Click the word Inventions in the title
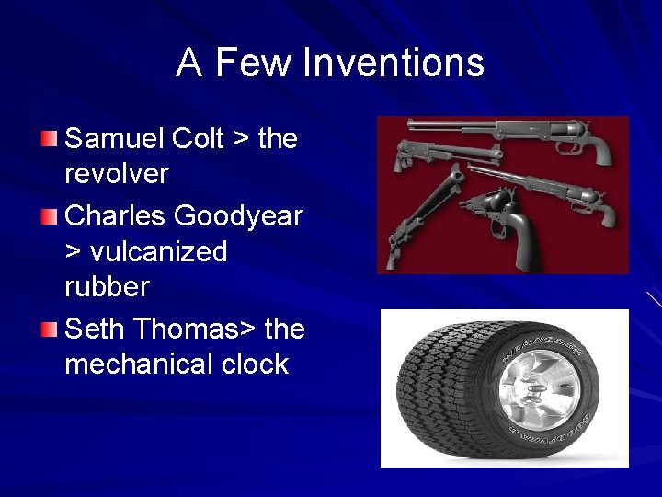click(394, 63)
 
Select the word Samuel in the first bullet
click(117, 139)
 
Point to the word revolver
click(117, 174)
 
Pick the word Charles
click(116, 215)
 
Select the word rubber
click(107, 287)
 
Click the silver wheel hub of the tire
click(539, 387)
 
